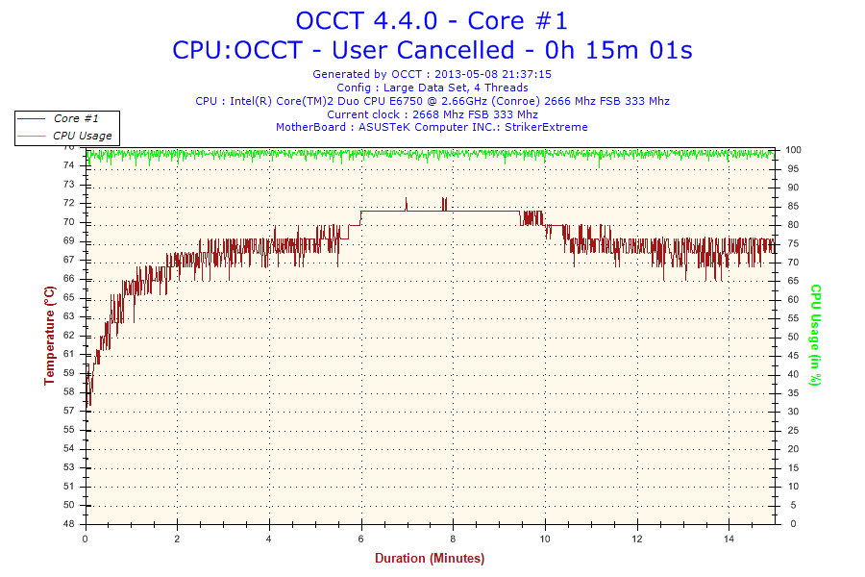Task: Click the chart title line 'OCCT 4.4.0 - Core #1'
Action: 432,20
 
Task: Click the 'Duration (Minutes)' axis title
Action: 430,558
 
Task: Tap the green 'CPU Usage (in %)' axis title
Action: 815,335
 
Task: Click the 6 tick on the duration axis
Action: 361,539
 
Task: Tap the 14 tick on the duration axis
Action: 729,539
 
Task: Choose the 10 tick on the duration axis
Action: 546,539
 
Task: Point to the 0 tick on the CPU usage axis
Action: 789,524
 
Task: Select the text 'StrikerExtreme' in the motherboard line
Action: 546,127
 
